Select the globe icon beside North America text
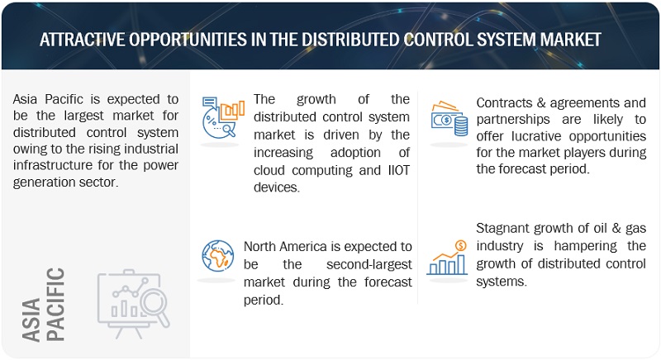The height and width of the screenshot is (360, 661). pos(217,256)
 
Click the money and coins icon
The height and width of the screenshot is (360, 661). pos(449,118)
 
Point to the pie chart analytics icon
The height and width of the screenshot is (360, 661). pos(223,117)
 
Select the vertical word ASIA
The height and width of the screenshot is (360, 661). pos(31,320)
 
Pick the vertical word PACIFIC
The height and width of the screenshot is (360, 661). pos(55,305)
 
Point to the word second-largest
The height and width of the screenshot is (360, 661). pos(369,264)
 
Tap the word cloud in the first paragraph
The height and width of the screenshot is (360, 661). pos(269,170)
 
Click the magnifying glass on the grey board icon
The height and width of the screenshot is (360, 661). pos(155,306)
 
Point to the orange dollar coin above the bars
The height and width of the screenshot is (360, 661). pos(461,245)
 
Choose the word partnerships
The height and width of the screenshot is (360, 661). pos(513,120)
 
